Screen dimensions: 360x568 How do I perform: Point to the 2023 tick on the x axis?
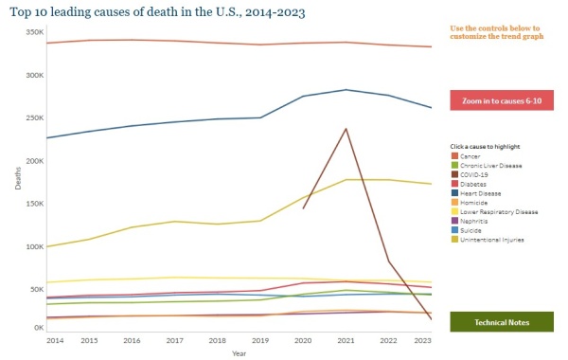(x=422, y=339)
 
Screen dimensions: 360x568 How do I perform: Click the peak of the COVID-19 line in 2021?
(x=346, y=129)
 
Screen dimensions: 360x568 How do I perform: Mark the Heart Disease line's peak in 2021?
(x=346, y=90)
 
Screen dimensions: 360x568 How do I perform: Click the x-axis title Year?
(x=239, y=351)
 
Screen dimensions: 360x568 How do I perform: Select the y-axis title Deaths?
(x=17, y=180)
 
